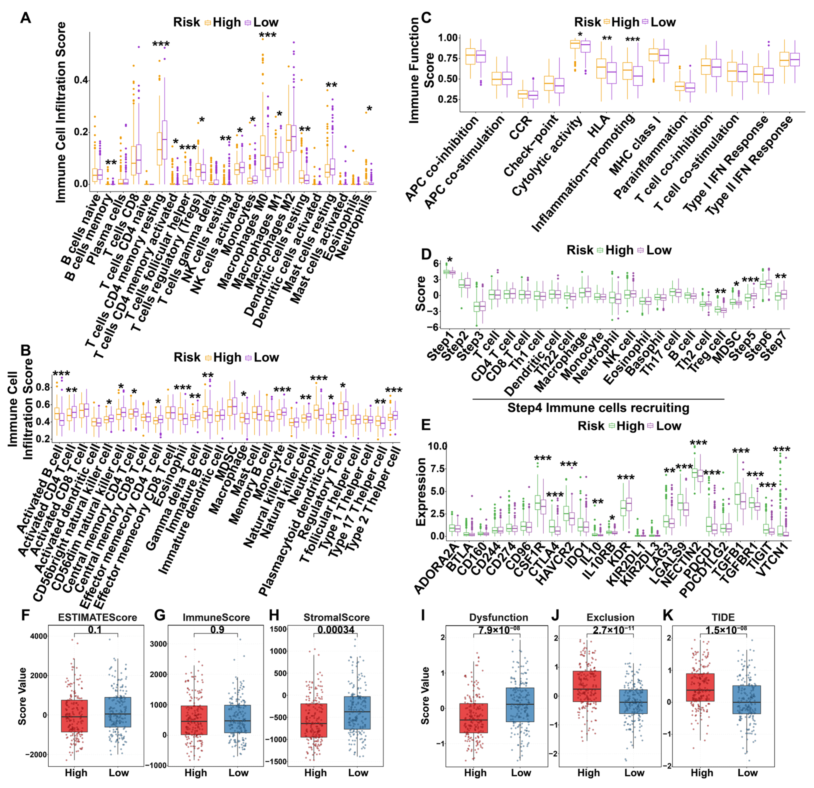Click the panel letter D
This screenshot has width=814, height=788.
tap(426, 254)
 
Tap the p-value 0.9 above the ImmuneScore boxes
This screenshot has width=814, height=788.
tap(217, 630)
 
